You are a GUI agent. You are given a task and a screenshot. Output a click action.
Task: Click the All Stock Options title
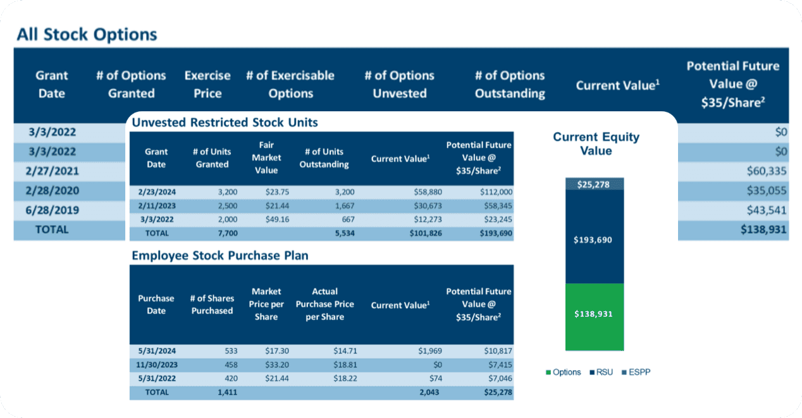(87, 34)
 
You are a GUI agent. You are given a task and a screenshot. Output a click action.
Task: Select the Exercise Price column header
(207, 84)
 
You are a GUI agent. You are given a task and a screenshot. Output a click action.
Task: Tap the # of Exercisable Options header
(290, 84)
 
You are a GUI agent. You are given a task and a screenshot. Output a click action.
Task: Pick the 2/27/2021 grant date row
(52, 171)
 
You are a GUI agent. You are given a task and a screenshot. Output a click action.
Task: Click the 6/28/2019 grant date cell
(52, 210)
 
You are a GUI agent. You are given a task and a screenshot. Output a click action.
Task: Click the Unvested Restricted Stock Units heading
(225, 122)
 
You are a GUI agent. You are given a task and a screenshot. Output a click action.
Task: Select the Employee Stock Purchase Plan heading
(219, 255)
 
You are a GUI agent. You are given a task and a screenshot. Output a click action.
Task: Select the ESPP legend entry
(636, 372)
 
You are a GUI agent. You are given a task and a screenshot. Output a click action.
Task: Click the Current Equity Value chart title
(596, 144)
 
